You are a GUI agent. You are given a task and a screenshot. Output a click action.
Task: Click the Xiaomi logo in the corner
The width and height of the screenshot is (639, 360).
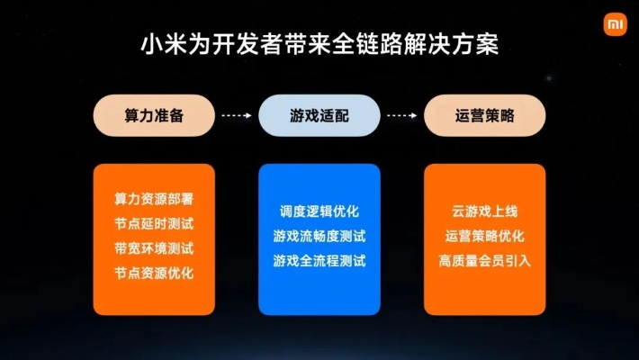click(612, 22)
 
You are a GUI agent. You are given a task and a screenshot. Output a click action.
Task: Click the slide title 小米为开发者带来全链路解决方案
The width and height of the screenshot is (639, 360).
click(319, 44)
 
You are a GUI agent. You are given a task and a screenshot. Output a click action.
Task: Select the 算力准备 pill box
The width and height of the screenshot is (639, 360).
click(155, 116)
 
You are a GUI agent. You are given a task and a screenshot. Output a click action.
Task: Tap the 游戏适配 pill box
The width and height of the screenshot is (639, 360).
click(319, 116)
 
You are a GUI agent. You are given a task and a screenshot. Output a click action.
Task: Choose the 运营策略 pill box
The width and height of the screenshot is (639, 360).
click(485, 116)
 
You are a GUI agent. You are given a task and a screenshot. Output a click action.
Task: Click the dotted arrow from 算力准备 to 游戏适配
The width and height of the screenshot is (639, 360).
click(236, 116)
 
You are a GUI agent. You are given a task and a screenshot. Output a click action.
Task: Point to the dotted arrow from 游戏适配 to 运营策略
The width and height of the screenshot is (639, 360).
click(402, 116)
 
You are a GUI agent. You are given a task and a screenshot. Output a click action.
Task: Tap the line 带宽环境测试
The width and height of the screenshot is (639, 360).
click(154, 247)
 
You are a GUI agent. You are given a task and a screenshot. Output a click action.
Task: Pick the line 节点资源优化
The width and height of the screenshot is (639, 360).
click(154, 272)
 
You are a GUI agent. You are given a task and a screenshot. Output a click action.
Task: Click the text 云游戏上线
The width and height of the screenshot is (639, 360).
click(485, 212)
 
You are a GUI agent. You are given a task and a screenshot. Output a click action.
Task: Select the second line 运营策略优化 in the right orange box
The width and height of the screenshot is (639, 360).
click(485, 237)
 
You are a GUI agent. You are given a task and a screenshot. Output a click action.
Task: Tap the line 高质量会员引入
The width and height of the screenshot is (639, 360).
click(485, 261)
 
